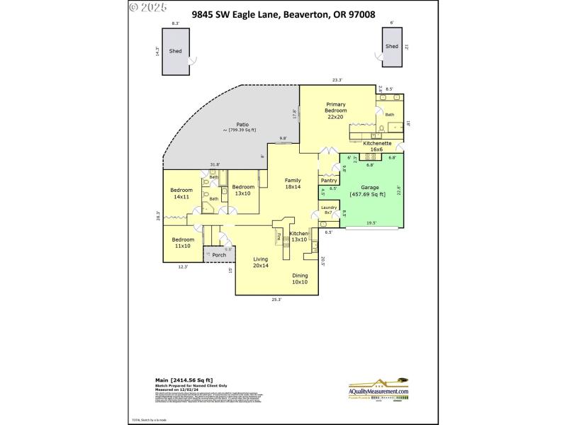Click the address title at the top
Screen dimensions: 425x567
[x=283, y=13]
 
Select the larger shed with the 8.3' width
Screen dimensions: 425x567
[x=175, y=52]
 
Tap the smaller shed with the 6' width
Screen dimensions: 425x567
[x=391, y=47]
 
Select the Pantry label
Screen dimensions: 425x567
[x=329, y=181]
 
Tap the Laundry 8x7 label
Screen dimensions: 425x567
[x=329, y=210]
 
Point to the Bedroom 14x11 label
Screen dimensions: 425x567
[x=181, y=193]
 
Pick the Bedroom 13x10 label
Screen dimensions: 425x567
[x=243, y=189]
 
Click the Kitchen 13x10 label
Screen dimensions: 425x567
[x=298, y=236]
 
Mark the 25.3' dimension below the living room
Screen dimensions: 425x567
[x=276, y=300]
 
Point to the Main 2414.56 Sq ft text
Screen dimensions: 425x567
[x=184, y=380]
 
